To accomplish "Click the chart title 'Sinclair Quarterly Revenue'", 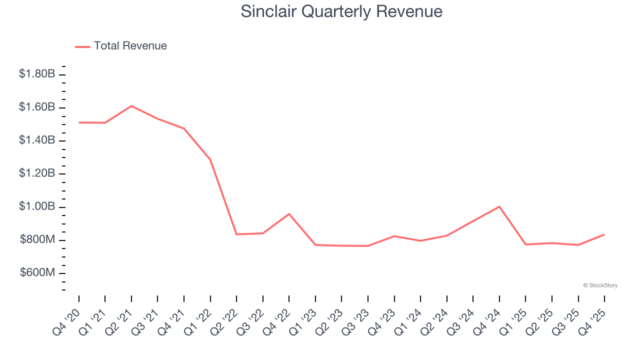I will coord(341,11).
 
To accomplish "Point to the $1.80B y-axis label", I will coord(37,74).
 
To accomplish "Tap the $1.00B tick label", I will coord(37,207).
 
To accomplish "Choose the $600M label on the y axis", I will coord(37,273).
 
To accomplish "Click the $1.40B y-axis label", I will coord(37,140).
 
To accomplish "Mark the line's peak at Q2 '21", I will coord(131,106).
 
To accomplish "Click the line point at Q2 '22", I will coord(236,234).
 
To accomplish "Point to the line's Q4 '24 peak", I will coord(499,206).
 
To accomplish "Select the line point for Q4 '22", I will coord(289,214).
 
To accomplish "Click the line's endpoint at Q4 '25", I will coord(604,234).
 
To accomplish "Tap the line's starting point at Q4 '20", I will coord(79,122).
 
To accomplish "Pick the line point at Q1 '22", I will coord(210,160).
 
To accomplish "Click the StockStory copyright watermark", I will coord(600,285).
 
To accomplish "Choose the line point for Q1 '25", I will coord(526,244).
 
